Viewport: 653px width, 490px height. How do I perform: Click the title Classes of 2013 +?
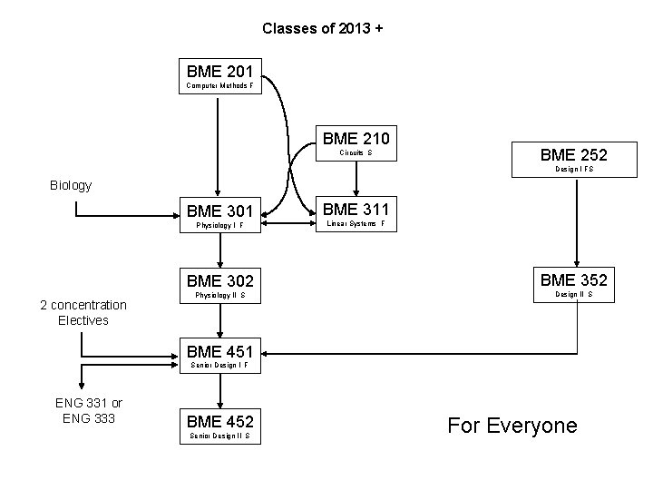coord(323,28)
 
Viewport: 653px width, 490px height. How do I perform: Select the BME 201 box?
coord(221,76)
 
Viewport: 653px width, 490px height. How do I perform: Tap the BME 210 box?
coord(356,144)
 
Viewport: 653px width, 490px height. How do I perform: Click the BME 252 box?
coord(573,161)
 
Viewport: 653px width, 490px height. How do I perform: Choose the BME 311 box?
coord(356,216)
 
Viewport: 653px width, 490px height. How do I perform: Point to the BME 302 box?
coord(221,286)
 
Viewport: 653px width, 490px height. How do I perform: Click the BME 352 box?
coord(573,284)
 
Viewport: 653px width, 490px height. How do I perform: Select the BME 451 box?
coord(221,356)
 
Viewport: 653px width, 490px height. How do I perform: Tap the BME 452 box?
coord(221,426)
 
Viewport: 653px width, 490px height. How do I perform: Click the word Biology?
coord(70,185)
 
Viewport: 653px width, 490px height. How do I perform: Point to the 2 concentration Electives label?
coord(83,312)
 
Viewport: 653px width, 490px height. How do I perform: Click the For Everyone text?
coord(512,426)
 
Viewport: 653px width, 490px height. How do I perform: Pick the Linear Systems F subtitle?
coord(356,224)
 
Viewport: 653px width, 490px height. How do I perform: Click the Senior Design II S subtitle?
coord(221,436)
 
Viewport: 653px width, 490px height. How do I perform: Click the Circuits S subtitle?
coord(356,153)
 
